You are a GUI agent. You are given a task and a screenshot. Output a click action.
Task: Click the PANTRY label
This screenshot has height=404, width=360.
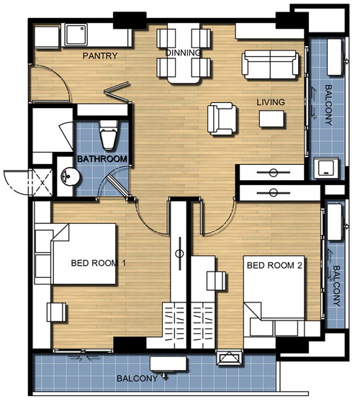click(100, 55)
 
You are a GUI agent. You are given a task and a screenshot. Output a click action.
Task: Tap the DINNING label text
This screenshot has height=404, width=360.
click(183, 53)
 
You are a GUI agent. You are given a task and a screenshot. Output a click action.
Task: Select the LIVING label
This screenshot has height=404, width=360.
click(271, 102)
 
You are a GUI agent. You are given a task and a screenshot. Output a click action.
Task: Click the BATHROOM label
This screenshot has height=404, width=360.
click(102, 159)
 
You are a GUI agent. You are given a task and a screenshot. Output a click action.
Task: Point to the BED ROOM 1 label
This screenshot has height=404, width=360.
click(99, 263)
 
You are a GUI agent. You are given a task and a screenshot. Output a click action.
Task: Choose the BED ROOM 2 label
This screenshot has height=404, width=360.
click(274, 266)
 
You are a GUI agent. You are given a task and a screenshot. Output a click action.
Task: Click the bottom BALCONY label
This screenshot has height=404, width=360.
click(138, 379)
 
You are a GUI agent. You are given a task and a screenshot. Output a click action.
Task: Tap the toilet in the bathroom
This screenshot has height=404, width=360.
click(108, 135)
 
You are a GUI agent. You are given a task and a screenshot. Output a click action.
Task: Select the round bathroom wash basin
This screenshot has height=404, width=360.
click(71, 176)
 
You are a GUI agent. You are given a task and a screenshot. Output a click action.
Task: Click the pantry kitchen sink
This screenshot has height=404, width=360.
click(76, 35)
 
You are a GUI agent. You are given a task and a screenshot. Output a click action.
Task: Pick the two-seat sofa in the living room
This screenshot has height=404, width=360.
click(270, 64)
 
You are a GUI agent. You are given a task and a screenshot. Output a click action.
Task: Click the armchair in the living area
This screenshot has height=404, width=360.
click(222, 119)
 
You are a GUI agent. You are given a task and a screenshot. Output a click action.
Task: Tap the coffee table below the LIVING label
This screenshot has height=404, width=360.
click(271, 119)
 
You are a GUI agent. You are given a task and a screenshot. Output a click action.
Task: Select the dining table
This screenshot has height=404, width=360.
click(184, 53)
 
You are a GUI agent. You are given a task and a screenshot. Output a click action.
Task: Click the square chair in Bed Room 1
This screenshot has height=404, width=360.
click(56, 312)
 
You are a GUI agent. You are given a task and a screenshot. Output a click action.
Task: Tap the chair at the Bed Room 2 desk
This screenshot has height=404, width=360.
click(216, 281)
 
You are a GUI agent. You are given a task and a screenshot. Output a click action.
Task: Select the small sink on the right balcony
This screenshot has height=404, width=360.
click(326, 169)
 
